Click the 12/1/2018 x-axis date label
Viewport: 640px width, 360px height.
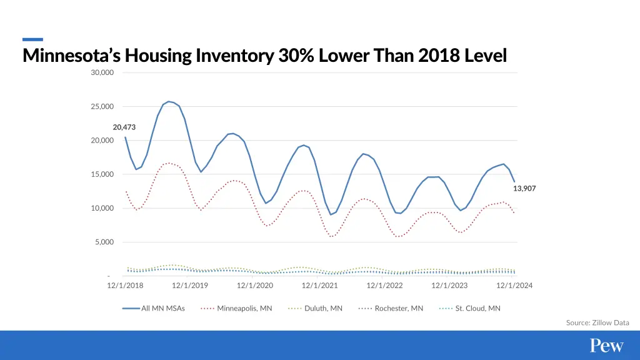click(125, 286)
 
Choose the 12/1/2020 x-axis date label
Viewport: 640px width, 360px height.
click(255, 286)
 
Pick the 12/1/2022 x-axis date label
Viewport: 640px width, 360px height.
click(384, 286)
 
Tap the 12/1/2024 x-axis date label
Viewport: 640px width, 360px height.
click(514, 286)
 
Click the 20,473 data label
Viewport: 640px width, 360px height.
click(124, 127)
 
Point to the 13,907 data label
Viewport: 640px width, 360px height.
click(524, 188)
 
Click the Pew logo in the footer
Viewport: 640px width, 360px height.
click(607, 346)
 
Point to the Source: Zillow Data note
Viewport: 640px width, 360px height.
click(597, 322)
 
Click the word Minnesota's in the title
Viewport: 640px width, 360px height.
click(71, 56)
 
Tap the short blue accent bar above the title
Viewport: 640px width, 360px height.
click(32, 39)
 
